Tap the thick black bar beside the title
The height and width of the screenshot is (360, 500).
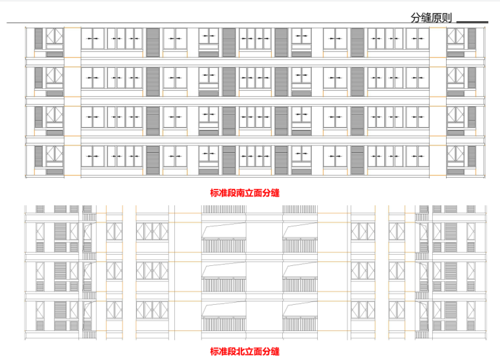(472, 22)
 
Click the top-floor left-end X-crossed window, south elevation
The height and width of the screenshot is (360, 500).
(54, 38)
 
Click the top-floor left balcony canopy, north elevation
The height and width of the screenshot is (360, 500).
(223, 230)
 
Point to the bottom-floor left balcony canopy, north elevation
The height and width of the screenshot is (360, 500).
(223, 309)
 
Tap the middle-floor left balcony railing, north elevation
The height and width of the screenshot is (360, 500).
(223, 284)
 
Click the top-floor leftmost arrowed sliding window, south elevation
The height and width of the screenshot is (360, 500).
(93, 39)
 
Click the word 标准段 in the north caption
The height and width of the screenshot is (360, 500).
(221, 351)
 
